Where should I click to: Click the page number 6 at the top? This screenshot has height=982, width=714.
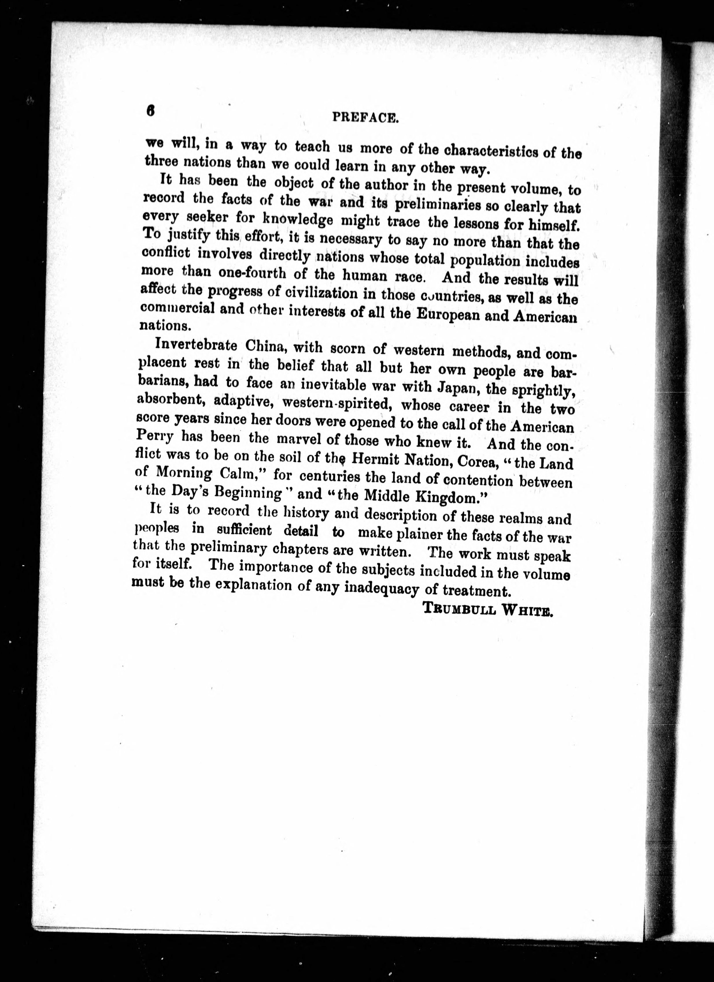tap(150, 111)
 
